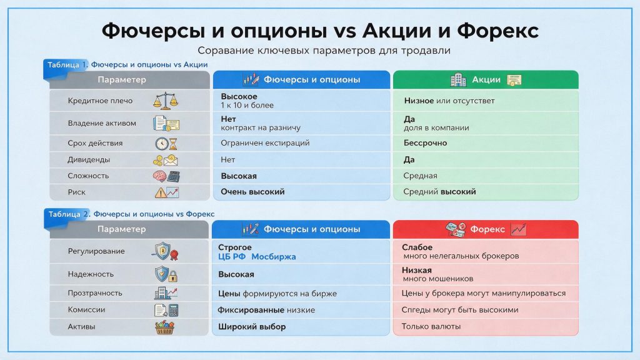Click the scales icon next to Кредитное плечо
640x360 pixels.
[166, 101]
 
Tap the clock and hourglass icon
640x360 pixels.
[166, 143]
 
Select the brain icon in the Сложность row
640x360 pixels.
[159, 176]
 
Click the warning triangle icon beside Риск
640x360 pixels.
[161, 192]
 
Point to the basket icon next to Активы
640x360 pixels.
[165, 327]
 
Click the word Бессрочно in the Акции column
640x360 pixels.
[425, 143]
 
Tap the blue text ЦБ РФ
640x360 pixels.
[232, 256]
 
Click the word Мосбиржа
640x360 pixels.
[274, 256]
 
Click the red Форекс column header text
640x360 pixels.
[487, 229]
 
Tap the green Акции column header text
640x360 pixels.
[486, 79]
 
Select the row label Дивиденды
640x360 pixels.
[89, 159]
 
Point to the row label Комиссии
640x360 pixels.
[86, 310]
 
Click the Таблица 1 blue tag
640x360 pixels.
[65, 65]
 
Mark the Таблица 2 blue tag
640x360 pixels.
[66, 214]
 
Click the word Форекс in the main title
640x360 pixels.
[497, 31]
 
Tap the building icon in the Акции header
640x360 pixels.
[458, 79]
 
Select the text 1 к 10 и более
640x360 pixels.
[247, 105]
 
